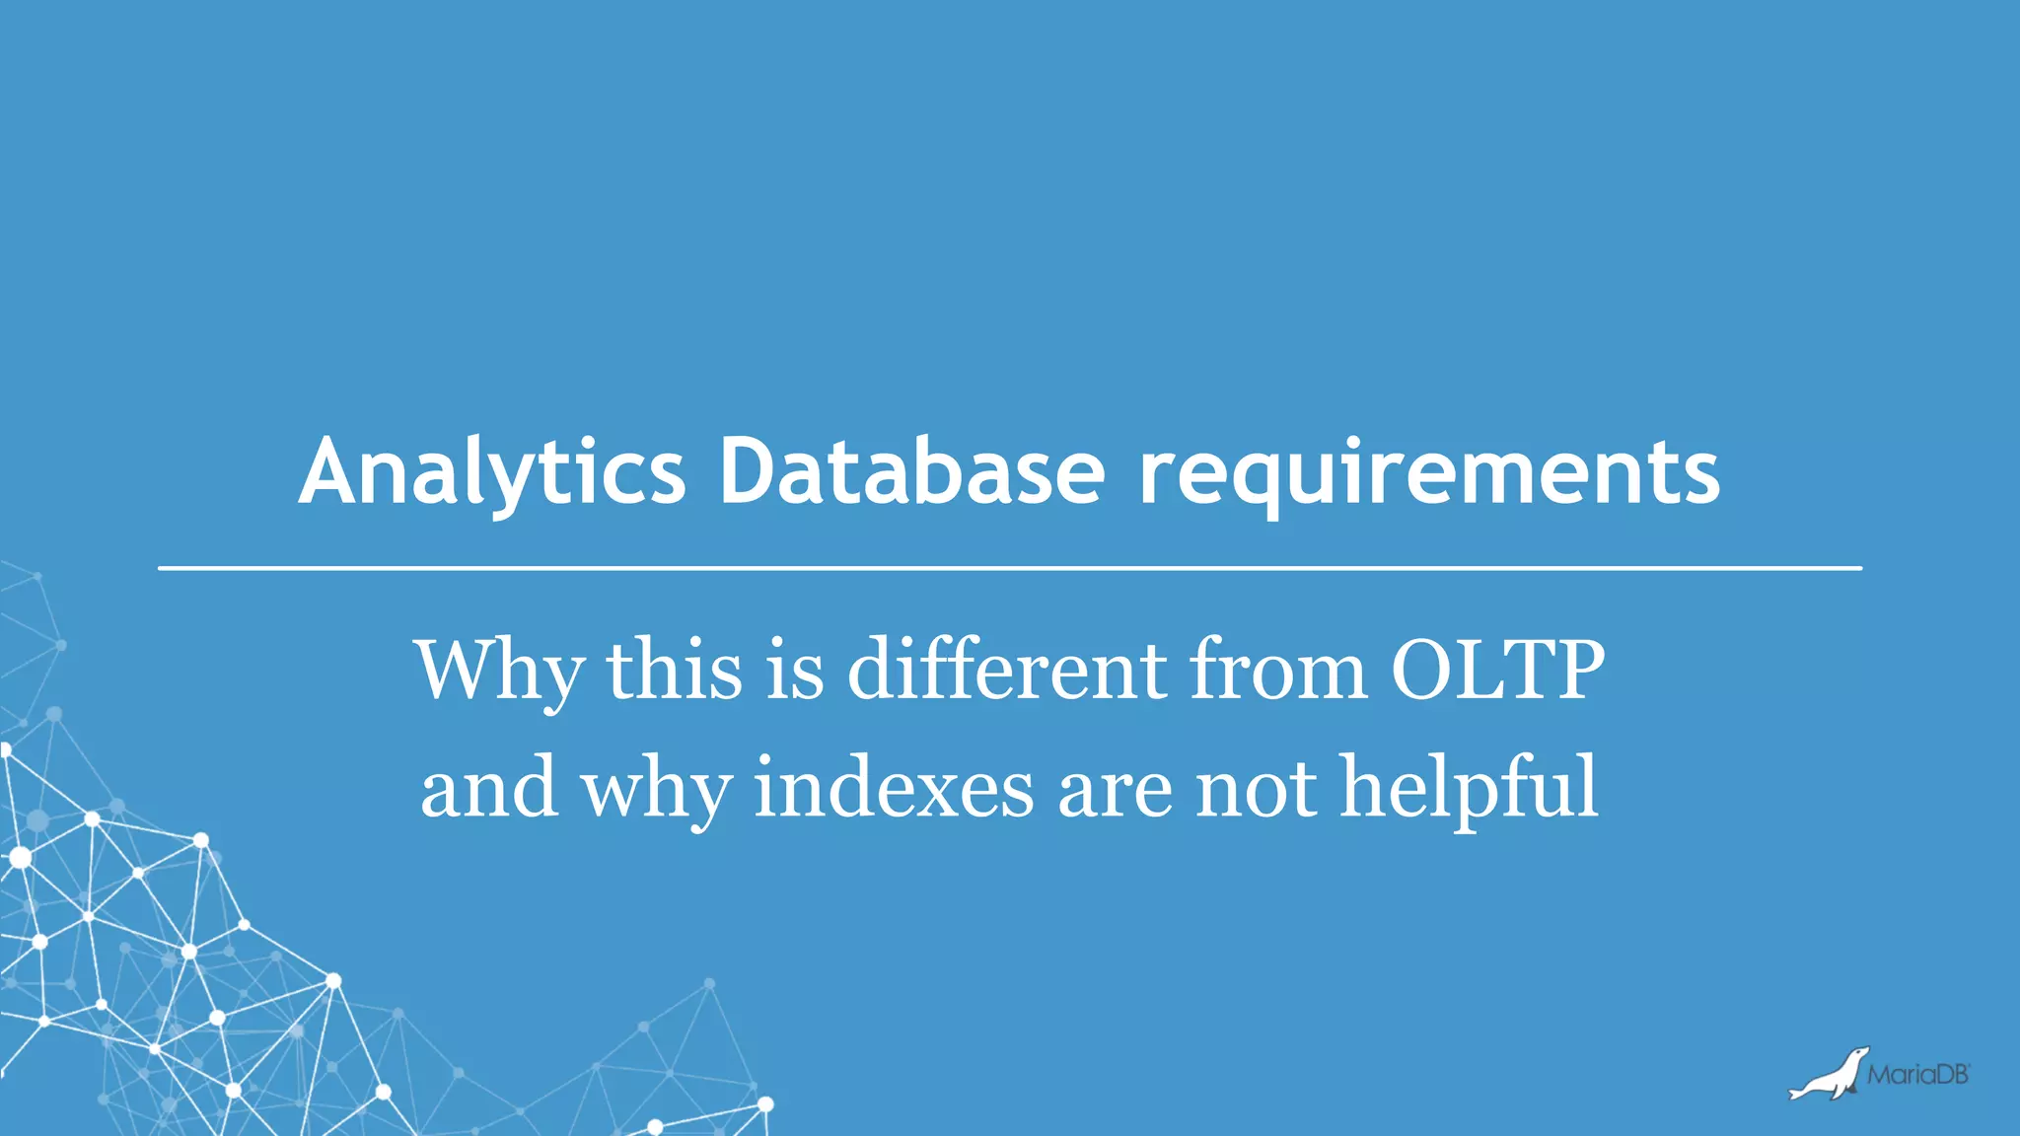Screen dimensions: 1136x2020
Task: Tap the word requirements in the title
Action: (x=1429, y=475)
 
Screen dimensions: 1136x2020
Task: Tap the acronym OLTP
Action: (x=1497, y=671)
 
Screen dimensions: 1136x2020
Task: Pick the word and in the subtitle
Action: (x=488, y=787)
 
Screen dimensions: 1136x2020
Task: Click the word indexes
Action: (x=894, y=787)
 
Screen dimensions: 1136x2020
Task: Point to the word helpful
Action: (x=1469, y=787)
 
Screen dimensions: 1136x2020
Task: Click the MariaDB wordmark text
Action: (x=1917, y=1075)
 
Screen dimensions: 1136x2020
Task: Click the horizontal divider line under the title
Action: (x=1010, y=568)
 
